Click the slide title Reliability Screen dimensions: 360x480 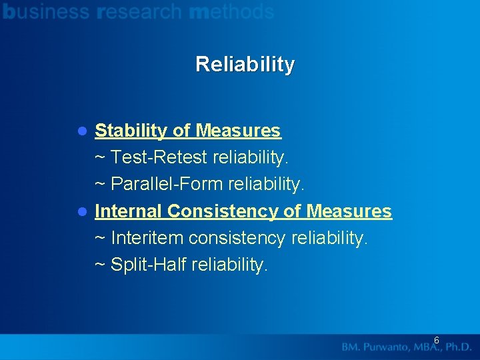coord(245,65)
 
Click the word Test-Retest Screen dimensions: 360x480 coord(159,157)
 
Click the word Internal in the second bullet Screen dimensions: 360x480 coord(129,211)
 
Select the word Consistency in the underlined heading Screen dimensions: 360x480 coord(223,211)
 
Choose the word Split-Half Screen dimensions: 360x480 coord(149,265)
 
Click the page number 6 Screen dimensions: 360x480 coord(436,341)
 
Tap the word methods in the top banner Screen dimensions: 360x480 coord(231,11)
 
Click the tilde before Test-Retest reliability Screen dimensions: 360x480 coord(100,158)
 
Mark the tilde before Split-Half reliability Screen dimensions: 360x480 coord(100,265)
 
